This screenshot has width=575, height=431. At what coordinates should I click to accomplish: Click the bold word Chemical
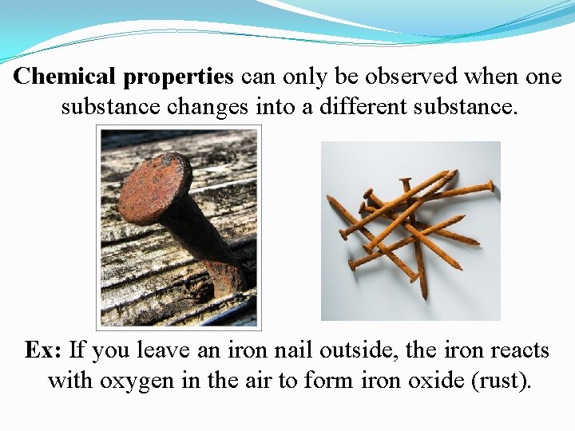(66, 77)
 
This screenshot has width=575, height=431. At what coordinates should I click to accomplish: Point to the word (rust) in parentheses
(500, 382)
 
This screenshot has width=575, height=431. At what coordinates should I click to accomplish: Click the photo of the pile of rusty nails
(410, 231)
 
